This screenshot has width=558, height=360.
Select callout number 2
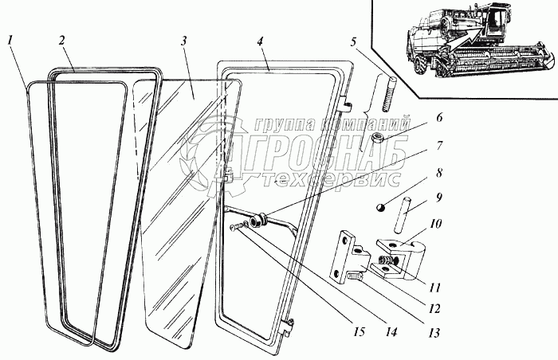(x=62, y=39)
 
